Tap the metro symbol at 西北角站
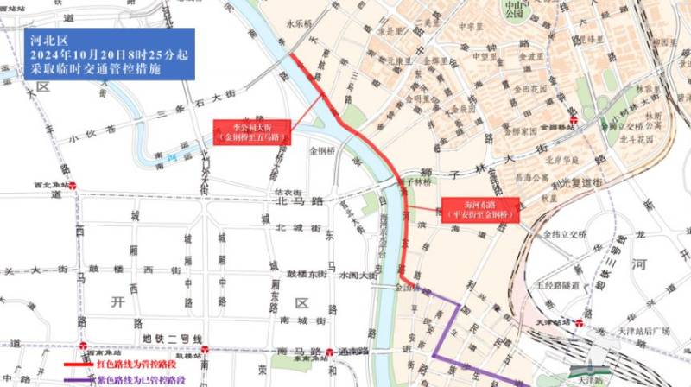76,184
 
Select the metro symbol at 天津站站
576,321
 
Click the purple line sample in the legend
83,379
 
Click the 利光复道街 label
587,183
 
